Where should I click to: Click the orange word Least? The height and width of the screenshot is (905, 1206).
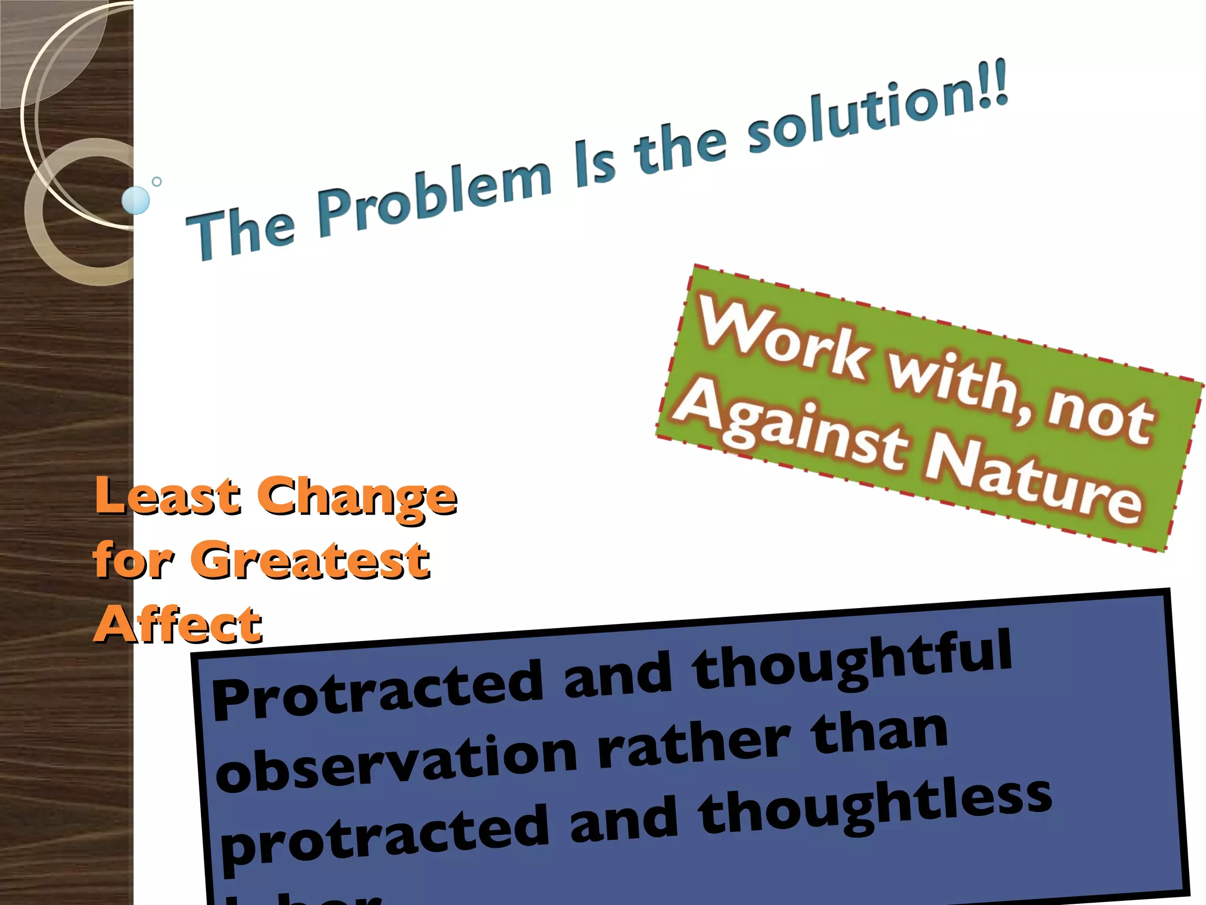pyautogui.click(x=168, y=496)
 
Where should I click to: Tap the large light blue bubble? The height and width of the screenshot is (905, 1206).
pyautogui.click(x=136, y=200)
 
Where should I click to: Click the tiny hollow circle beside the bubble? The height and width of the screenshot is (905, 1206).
pyautogui.click(x=157, y=181)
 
